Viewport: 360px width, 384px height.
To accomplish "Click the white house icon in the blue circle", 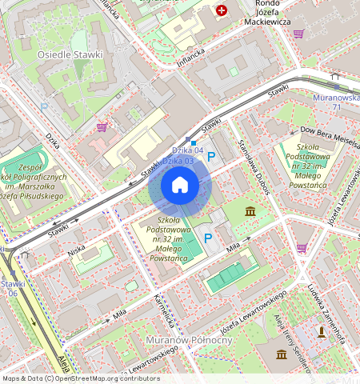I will coord(180,186).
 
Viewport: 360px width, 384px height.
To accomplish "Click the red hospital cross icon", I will coord(221,11).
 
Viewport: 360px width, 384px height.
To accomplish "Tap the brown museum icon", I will coord(251,211).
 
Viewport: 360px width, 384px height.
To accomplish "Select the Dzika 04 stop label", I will coord(188,150).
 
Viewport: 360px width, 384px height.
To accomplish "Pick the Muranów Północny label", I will coord(206,340).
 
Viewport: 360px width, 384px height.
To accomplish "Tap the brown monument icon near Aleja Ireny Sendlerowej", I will coord(322,330).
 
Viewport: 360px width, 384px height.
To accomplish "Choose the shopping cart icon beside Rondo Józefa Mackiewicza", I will coord(299,34).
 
